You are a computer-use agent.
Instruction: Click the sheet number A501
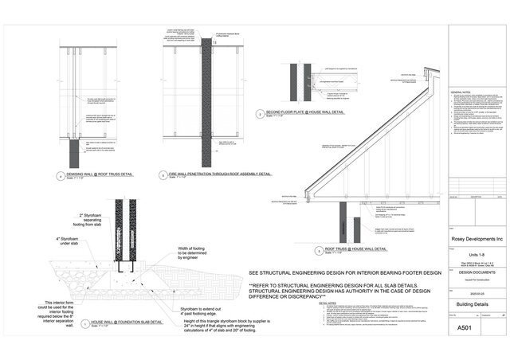(x=464, y=327)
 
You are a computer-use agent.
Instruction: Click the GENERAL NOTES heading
(x=461, y=94)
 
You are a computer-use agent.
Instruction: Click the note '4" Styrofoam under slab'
(x=48, y=242)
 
